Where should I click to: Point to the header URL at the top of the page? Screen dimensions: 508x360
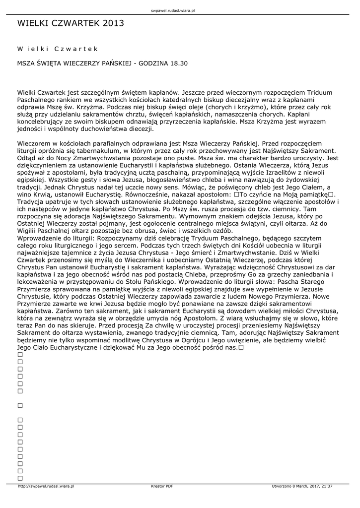pos(180,10)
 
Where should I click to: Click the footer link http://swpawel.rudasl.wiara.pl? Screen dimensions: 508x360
pos(46,486)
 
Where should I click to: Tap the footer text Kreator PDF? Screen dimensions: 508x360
pos(162,486)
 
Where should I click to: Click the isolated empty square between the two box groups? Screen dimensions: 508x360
pos(20,405)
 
